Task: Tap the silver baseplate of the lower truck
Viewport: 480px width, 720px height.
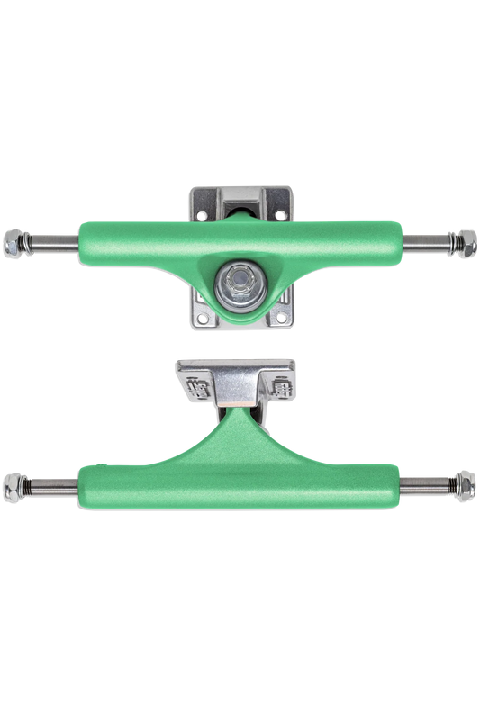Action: pos(239,371)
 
